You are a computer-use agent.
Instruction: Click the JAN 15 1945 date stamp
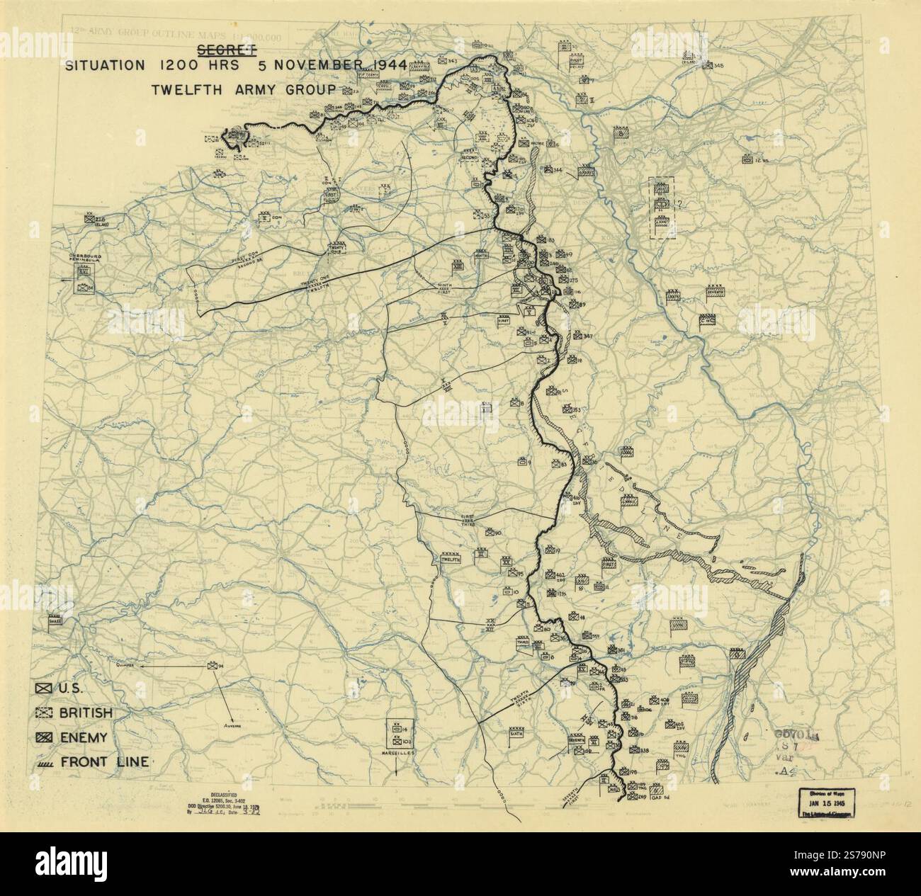827,805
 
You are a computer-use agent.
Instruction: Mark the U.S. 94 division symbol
211,666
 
